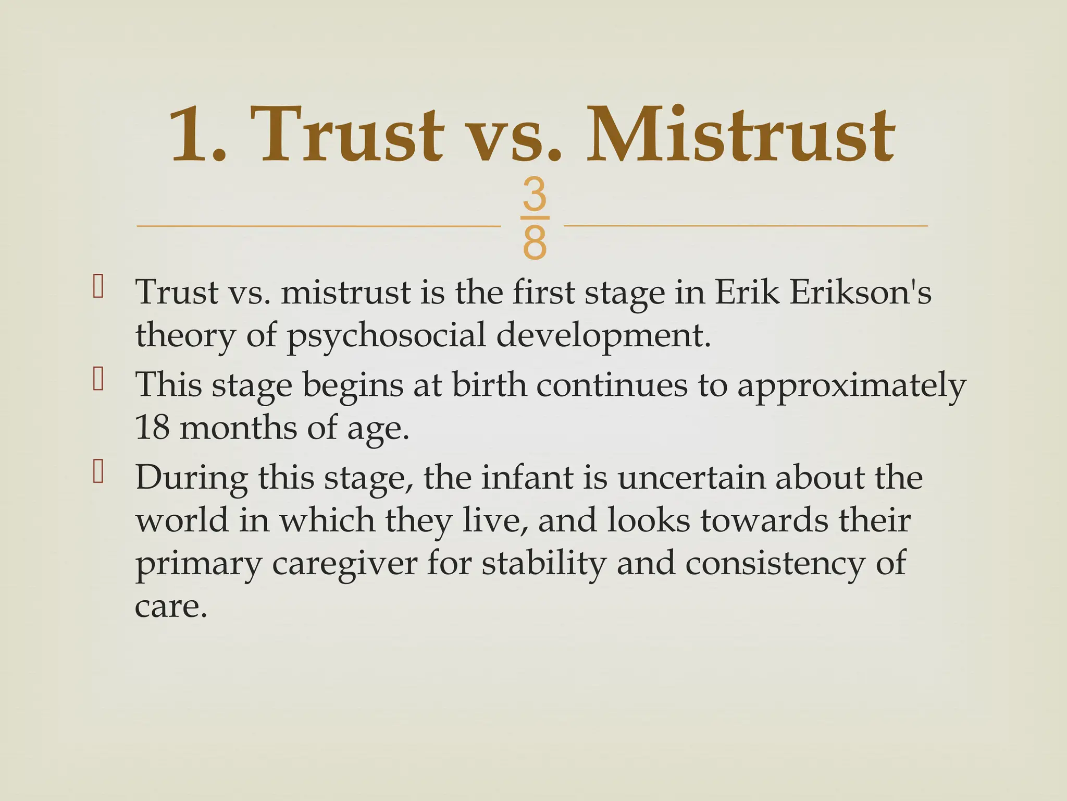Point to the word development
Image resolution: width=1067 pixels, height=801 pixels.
(x=603, y=335)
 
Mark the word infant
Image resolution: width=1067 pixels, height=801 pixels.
(x=526, y=478)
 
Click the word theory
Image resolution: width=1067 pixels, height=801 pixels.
(x=185, y=335)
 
